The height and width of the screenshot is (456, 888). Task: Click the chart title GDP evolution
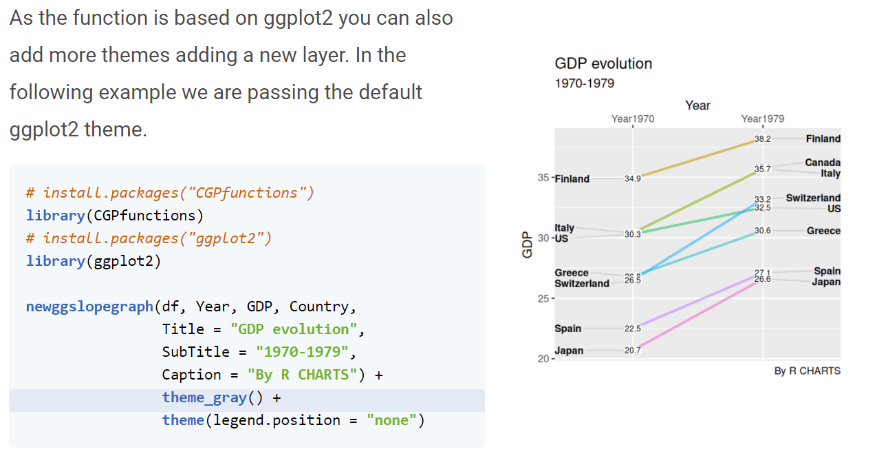tap(603, 64)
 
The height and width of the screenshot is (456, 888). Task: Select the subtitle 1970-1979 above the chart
tap(584, 83)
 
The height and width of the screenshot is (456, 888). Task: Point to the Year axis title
tap(697, 105)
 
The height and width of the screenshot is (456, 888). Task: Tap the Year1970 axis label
tap(633, 118)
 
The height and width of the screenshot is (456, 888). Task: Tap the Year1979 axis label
tap(762, 118)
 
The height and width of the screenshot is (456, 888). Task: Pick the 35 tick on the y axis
tap(543, 178)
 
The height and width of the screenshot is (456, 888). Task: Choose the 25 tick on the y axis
tap(543, 299)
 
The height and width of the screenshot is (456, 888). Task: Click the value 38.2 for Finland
tap(763, 138)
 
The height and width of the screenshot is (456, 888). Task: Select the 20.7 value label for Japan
tap(632, 351)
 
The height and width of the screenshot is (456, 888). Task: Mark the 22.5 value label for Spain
tap(632, 329)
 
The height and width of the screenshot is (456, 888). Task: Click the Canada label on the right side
tap(823, 163)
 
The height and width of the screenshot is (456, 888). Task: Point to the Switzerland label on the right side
tap(813, 198)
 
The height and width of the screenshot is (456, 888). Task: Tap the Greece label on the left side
tap(572, 273)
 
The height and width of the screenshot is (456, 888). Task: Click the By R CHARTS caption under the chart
tap(807, 371)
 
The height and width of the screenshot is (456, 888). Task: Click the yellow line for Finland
tap(697, 158)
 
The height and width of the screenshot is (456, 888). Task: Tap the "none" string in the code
tap(391, 420)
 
